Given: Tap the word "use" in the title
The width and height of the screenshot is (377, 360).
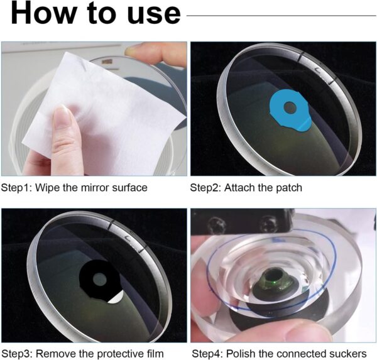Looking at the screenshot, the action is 154,15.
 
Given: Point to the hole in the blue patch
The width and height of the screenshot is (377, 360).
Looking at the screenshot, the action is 290,107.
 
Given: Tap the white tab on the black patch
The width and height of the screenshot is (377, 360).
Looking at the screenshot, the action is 116,298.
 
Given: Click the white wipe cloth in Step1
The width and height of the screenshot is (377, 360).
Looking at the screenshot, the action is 104,111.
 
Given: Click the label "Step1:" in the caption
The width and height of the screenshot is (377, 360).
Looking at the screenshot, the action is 16,188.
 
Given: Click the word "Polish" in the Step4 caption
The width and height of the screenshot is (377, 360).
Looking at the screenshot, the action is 240,354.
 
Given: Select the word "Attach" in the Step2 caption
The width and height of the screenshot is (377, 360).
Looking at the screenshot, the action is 239,188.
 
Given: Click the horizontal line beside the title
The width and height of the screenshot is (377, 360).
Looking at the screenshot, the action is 281,16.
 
